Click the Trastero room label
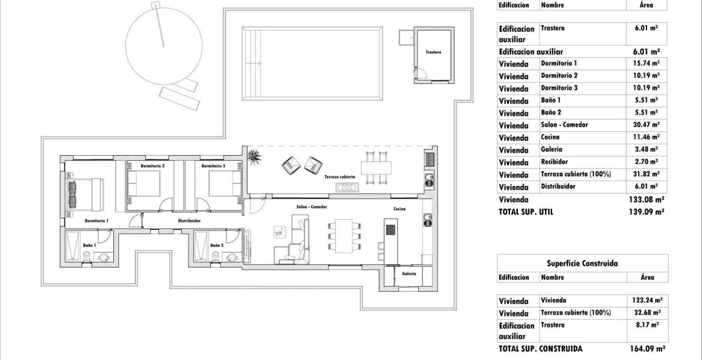point(433,52)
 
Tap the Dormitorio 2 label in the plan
point(153,166)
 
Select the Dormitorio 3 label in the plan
point(213,166)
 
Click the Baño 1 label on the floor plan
point(89,246)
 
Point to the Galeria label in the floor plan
point(408,274)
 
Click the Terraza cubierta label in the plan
point(339,177)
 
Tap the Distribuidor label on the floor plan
point(189,221)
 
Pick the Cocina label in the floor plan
point(399,209)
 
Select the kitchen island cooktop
point(390,230)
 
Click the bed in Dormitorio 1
point(85,194)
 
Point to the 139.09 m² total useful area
point(647,212)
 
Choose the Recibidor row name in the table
point(554,162)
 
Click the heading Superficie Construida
point(582,263)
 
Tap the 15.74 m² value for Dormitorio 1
point(647,63)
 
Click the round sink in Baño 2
point(232,258)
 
